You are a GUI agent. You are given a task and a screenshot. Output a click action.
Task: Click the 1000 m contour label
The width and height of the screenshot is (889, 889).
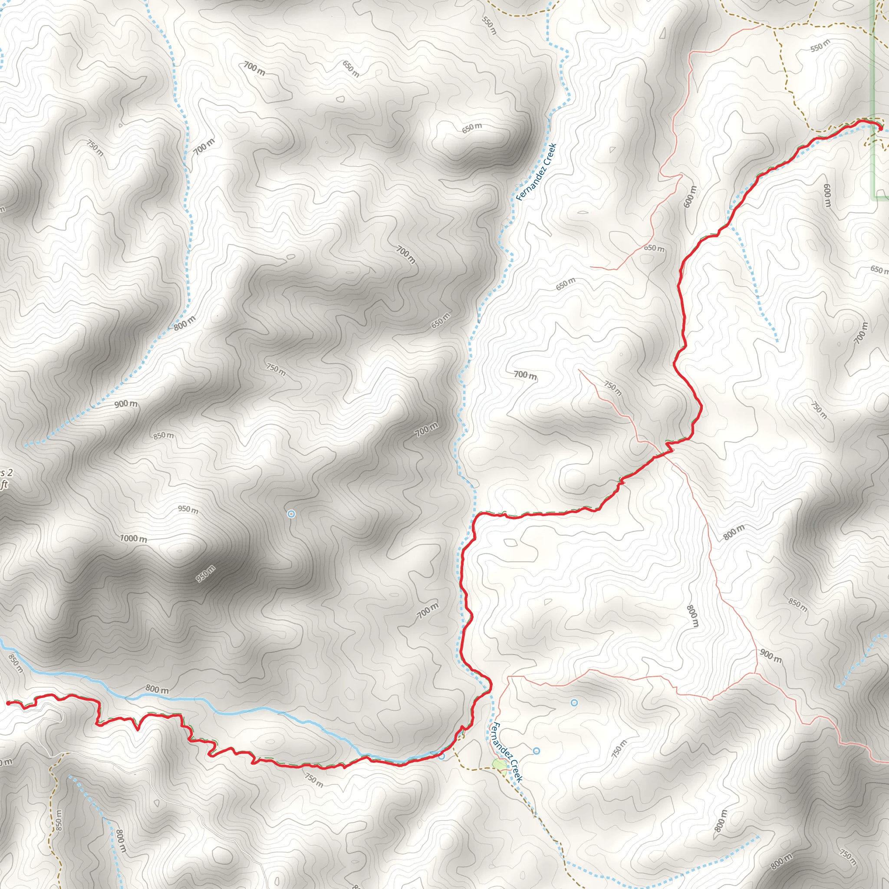coord(133,538)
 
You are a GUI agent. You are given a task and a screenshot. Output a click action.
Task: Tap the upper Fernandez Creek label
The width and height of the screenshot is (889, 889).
coord(536,171)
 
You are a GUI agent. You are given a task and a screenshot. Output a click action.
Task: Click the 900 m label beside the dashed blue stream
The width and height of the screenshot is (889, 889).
coord(125,404)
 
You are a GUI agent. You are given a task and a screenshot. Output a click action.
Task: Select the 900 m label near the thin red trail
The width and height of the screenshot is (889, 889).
coord(770,655)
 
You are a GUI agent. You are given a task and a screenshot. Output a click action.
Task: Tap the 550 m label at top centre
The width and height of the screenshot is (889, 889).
coord(490,25)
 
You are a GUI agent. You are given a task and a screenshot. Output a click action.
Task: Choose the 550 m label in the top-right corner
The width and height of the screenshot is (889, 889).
coord(820,45)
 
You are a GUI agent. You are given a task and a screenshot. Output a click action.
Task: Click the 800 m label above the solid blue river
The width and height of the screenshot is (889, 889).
coord(157,689)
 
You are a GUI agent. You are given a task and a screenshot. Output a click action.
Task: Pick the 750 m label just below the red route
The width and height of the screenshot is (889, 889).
coord(314,779)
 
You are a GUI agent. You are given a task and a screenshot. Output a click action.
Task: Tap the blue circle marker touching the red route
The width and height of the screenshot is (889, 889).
coord(442,756)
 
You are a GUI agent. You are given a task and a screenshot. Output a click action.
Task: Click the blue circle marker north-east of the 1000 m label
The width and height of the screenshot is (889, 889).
coord(291,514)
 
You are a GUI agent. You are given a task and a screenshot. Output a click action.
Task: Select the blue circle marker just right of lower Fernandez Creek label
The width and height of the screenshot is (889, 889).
coord(537,751)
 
